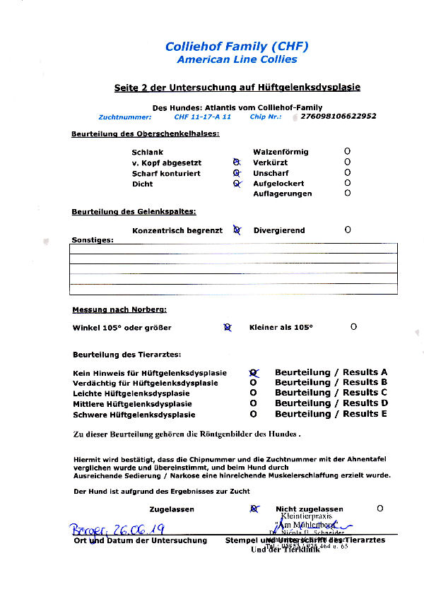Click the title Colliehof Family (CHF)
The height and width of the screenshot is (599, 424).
click(x=237, y=47)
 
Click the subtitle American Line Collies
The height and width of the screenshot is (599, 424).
click(x=237, y=60)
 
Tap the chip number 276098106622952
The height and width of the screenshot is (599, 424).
click(x=338, y=116)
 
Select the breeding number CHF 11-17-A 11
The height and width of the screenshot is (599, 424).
click(x=202, y=117)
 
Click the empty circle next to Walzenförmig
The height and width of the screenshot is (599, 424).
click(x=347, y=151)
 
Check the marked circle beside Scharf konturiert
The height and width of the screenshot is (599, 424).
click(x=237, y=173)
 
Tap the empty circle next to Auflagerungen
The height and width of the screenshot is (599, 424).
click(x=347, y=194)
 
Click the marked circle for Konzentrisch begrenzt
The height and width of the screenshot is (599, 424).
click(x=237, y=230)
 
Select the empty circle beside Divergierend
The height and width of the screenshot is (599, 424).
click(x=347, y=230)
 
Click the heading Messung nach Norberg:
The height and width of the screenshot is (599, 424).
click(x=119, y=310)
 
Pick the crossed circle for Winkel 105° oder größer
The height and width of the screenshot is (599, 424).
click(x=228, y=327)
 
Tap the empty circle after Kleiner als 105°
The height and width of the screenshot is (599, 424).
click(x=353, y=326)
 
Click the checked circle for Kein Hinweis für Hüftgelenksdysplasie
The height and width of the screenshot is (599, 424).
click(x=253, y=372)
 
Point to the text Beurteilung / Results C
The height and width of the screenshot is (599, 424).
click(x=331, y=393)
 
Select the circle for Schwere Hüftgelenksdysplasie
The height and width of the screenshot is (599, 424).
click(x=253, y=414)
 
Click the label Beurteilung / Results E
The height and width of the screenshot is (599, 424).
click(x=331, y=414)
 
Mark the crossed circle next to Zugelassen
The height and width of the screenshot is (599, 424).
click(x=253, y=509)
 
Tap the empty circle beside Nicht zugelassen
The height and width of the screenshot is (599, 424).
click(x=379, y=508)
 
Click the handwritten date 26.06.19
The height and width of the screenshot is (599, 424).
click(x=134, y=529)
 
